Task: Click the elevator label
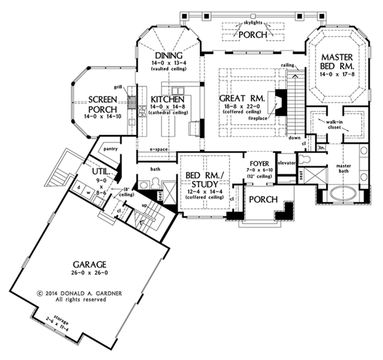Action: click(x=286, y=162)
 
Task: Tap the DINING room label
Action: click(x=168, y=55)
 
